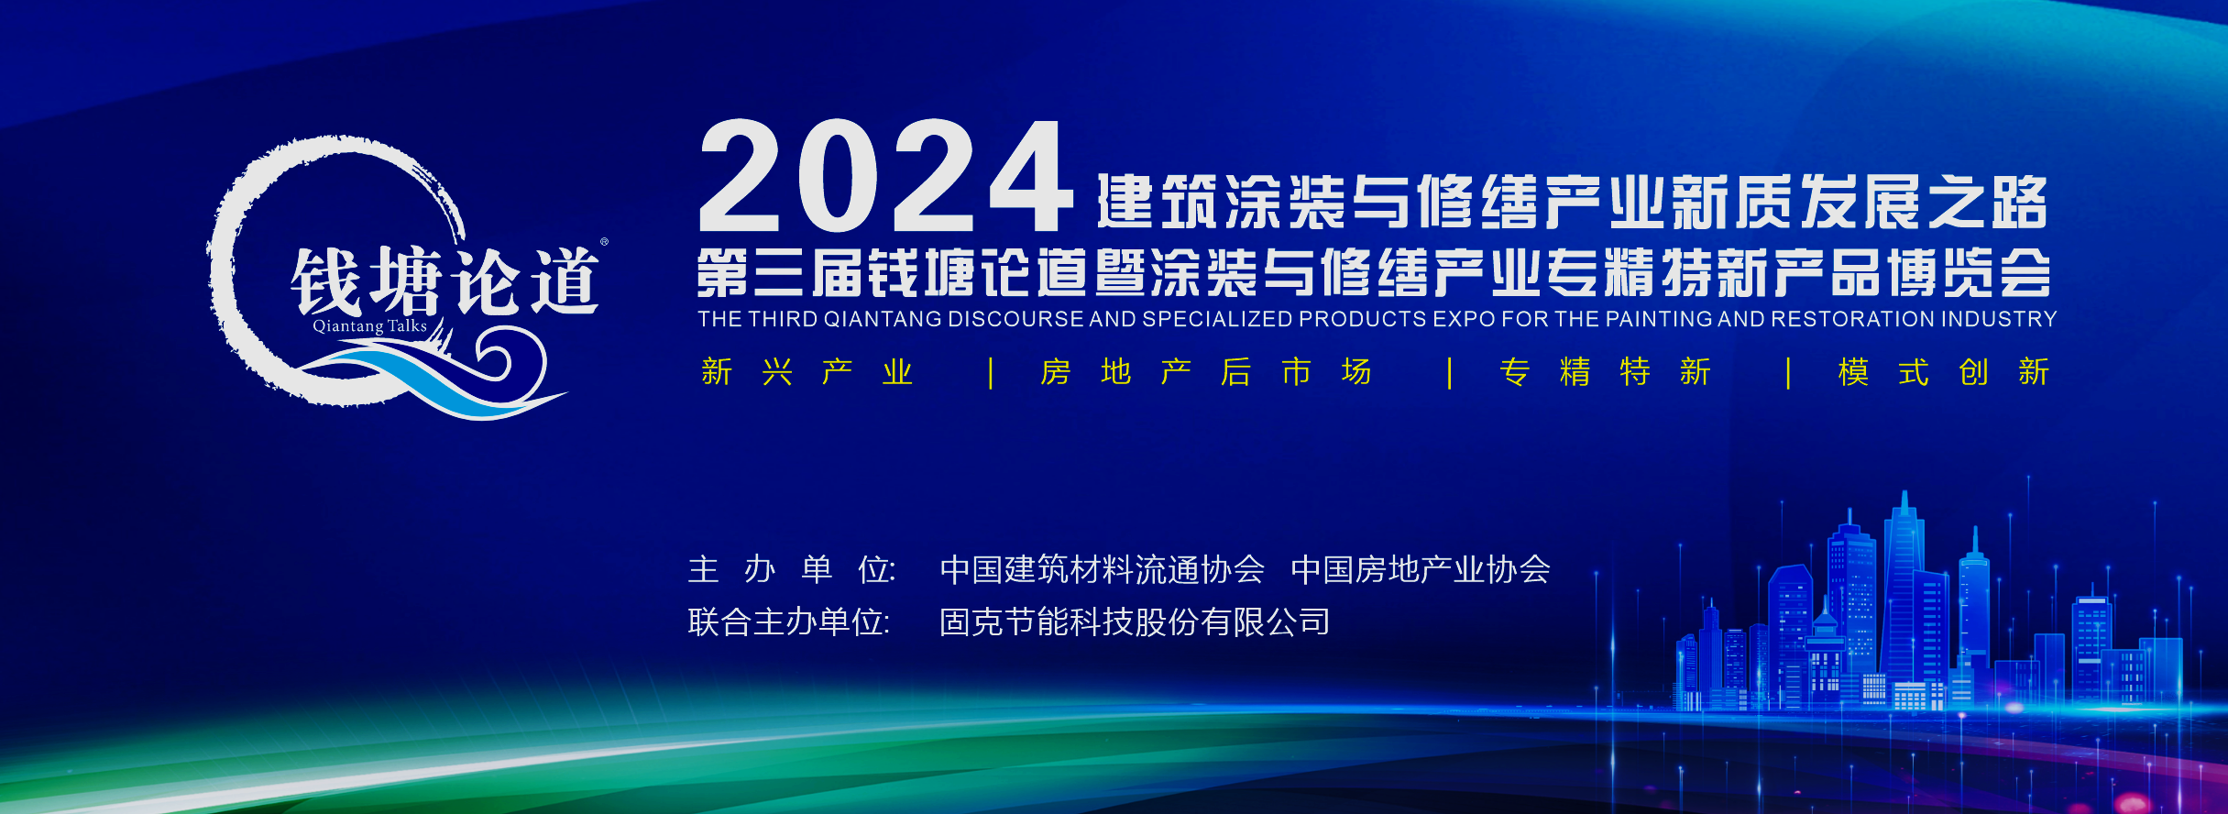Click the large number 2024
coord(885,176)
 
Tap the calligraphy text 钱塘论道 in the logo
coord(445,281)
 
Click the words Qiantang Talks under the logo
coord(370,326)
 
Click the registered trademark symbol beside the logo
coord(604,242)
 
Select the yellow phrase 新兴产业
coord(807,372)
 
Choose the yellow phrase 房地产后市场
coord(1206,372)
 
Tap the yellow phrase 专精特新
coord(1606,372)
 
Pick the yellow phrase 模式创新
coord(1944,372)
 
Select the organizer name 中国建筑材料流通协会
coord(1103,570)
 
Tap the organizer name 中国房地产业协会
coord(1421,570)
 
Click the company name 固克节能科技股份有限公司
coord(1135,622)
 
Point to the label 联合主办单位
coord(789,622)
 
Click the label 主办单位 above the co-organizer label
coord(792,570)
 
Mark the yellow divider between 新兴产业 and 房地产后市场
coord(991,373)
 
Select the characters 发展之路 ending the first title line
coord(1924,202)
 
